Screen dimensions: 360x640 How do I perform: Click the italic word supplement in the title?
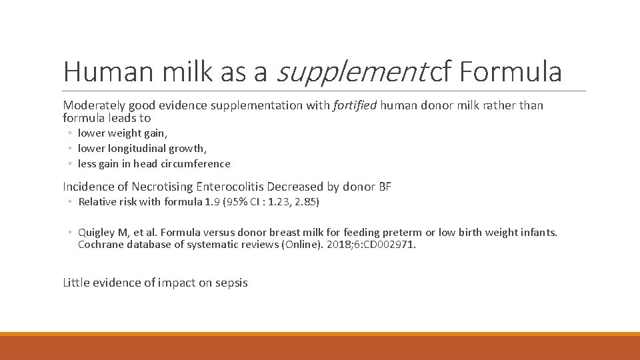point(351,72)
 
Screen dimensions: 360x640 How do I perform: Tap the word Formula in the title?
point(510,72)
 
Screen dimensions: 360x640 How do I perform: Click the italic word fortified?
point(354,105)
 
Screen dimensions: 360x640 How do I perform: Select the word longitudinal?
point(137,149)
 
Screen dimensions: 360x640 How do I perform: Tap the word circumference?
point(198,164)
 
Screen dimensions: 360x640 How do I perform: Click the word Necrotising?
point(162,187)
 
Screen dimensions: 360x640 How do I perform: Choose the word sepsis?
point(231,283)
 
